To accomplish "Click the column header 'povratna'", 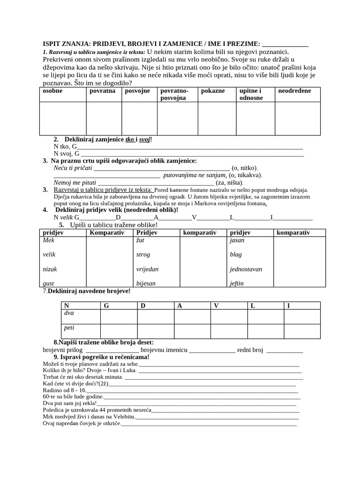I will coord(102,91).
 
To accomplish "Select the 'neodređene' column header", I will coord(294,91).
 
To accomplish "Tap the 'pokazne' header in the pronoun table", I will coord(213,91).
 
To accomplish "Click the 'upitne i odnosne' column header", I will coord(251,94).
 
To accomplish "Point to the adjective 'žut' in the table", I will coord(140,240).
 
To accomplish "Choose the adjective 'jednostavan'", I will coord(246,270).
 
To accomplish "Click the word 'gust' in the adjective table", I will coord(48,284).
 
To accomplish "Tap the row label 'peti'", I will coord(69,328).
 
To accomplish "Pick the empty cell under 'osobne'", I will coord(62,118).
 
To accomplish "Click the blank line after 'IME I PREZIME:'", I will coord(285,45).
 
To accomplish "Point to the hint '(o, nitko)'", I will coord(245,168).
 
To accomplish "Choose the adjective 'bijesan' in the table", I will coord(145,284).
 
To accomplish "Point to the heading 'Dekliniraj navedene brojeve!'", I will coord(89,291).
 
